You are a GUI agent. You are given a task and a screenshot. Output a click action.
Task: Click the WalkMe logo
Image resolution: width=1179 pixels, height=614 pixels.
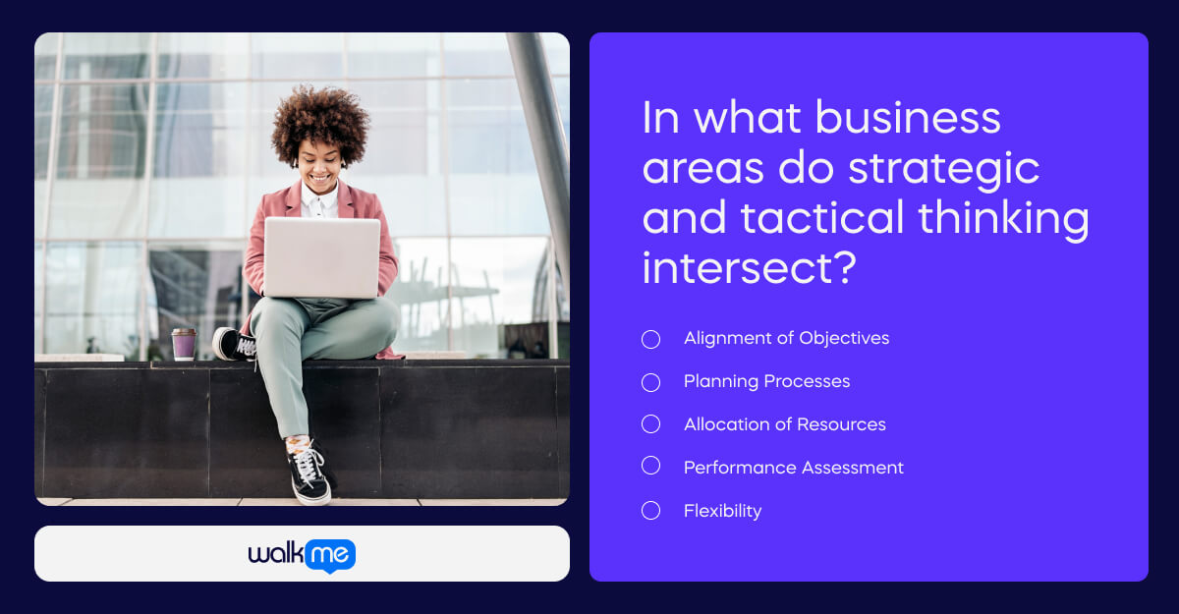[x=302, y=555]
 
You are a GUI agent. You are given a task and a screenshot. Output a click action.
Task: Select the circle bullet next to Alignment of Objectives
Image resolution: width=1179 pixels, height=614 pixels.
[x=650, y=339]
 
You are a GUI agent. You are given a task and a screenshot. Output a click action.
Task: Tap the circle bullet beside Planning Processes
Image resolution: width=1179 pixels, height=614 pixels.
[x=650, y=382]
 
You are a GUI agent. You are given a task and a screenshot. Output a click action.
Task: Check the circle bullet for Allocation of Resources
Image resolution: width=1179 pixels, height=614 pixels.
[x=650, y=424]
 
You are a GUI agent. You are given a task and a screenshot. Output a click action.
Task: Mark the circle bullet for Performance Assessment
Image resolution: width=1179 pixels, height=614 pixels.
[x=650, y=466]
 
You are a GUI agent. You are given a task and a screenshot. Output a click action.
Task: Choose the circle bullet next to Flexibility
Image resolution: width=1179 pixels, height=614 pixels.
[x=650, y=510]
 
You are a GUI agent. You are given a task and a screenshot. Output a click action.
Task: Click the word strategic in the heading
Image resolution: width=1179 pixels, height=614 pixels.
[x=943, y=168]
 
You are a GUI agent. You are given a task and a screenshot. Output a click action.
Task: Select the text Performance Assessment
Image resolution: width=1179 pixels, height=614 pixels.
[x=793, y=468]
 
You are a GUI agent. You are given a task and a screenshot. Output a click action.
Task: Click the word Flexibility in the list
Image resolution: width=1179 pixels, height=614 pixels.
[x=722, y=511]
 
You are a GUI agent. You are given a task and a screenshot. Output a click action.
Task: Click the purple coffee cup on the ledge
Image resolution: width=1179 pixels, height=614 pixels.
[x=184, y=344]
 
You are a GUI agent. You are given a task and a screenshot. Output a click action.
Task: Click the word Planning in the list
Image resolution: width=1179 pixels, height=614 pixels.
[x=719, y=381]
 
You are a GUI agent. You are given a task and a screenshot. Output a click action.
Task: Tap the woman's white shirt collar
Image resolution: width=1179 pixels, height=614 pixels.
[x=319, y=203]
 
